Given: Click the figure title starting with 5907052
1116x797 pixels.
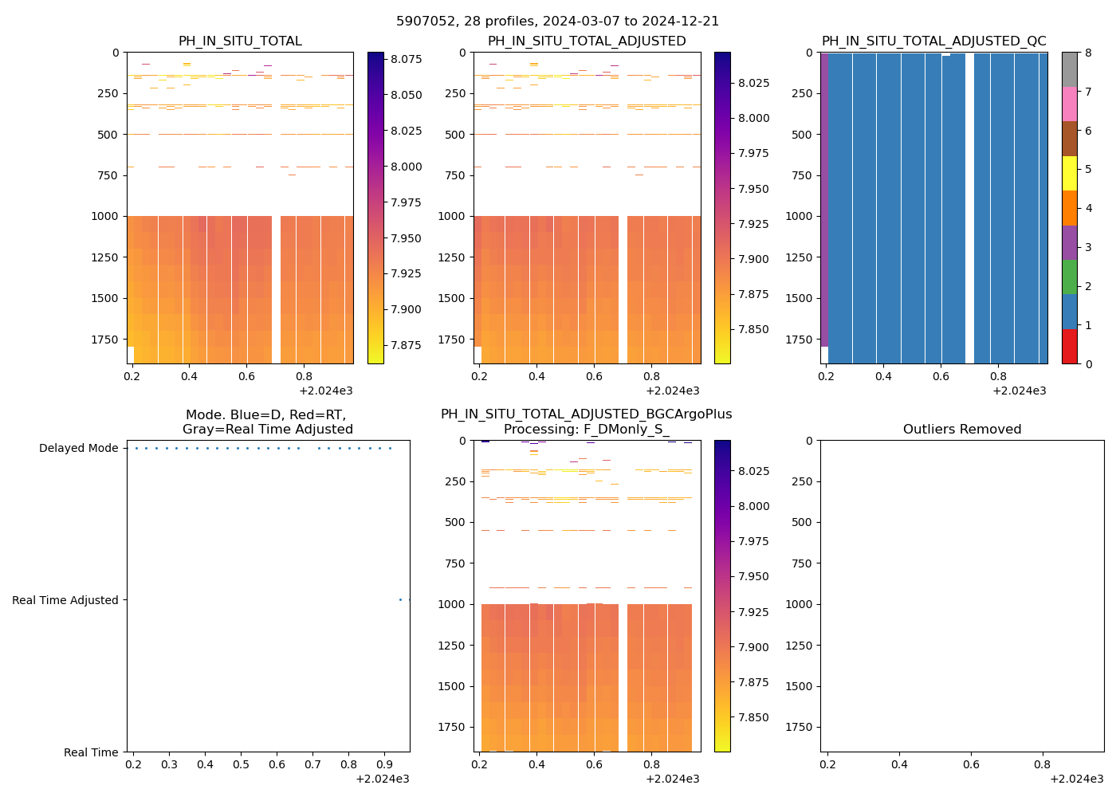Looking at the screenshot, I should (557, 22).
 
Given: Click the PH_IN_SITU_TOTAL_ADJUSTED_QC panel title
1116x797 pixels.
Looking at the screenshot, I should (933, 41).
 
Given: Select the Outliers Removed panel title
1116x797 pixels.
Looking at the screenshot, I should (961, 430).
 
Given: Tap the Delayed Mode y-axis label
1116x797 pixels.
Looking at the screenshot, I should (78, 449).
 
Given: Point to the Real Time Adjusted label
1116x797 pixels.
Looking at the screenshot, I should (65, 601).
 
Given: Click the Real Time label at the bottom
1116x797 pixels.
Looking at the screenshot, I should (91, 753).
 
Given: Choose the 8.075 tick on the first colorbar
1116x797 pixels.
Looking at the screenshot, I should (406, 59).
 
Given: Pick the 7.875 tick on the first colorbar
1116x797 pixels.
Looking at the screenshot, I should (406, 345).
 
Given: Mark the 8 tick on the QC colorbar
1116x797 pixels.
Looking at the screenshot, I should (1087, 53).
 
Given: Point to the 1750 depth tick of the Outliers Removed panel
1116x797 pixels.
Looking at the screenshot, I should (798, 727).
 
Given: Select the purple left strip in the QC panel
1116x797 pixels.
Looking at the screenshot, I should (824, 199).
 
